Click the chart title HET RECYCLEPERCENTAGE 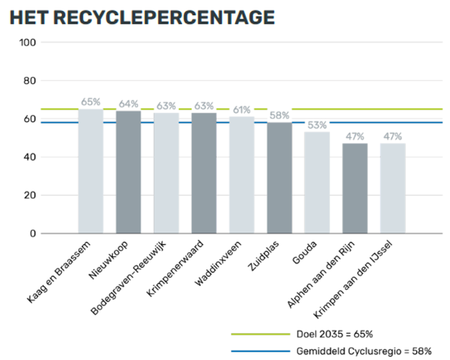tap(142, 18)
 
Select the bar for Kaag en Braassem tap(91, 171)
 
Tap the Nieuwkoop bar tap(129, 172)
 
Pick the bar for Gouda tap(317, 183)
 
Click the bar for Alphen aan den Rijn tap(355, 188)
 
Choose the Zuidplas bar tap(279, 178)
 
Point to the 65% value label tap(91, 102)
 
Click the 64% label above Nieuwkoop tap(129, 104)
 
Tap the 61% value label tap(241, 110)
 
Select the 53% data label tap(317, 125)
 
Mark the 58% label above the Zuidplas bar tap(279, 115)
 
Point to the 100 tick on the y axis tap(28, 43)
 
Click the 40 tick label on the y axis tap(30, 157)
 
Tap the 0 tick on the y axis tap(33, 234)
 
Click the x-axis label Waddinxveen tap(218, 263)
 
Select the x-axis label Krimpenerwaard tap(175, 269)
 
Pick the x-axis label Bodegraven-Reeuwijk tap(128, 278)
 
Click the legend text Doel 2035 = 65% tap(335, 334)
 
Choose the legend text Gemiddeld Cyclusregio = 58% tap(364, 351)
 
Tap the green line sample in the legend tap(261, 334)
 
